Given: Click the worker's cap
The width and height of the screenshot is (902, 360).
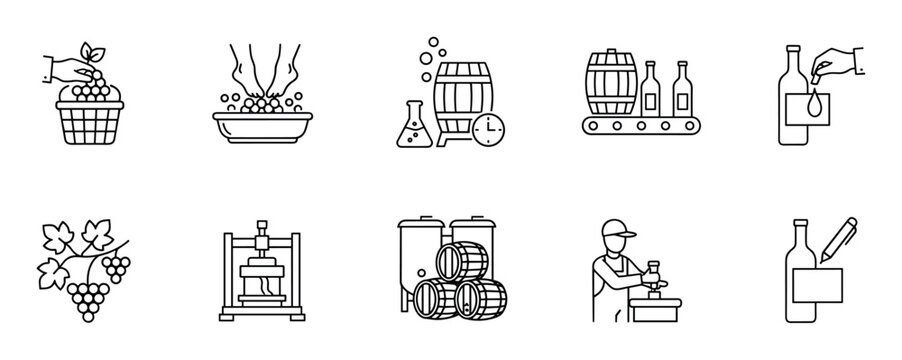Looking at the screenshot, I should [x=620, y=233].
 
